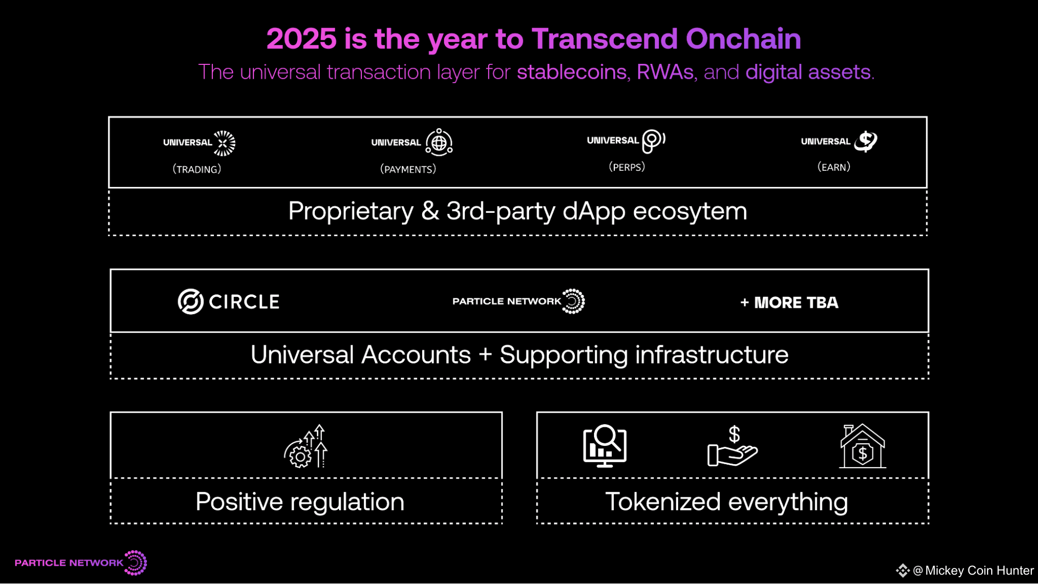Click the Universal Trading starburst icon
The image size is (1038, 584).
(x=224, y=143)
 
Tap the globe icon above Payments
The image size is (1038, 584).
(x=439, y=142)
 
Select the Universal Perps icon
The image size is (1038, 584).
(x=654, y=141)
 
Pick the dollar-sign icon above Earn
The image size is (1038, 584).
(x=866, y=141)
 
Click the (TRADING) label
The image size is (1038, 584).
(x=197, y=169)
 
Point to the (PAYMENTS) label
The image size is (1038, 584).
(x=408, y=169)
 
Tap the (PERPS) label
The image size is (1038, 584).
(x=627, y=167)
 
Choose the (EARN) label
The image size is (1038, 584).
(x=834, y=167)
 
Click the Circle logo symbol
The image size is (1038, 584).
(x=191, y=302)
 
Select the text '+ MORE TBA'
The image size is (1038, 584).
(x=789, y=303)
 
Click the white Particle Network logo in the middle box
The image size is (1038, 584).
(x=519, y=302)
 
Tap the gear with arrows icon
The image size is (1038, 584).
(x=306, y=446)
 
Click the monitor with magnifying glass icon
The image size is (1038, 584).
(x=605, y=446)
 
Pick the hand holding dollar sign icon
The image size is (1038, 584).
(x=733, y=446)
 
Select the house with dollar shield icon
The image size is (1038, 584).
(x=862, y=446)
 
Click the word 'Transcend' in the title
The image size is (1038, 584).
(x=605, y=39)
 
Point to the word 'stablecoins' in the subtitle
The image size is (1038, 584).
(x=572, y=72)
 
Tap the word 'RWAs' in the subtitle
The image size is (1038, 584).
(x=665, y=72)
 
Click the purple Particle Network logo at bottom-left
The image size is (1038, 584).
(x=81, y=563)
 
